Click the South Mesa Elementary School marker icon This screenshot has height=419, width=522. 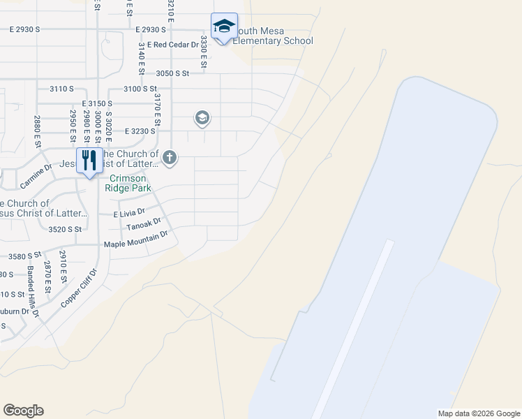pyautogui.click(x=224, y=27)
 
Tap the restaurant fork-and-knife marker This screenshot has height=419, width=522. pyautogui.click(x=89, y=161)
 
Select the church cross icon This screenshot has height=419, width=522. pyautogui.click(x=169, y=158)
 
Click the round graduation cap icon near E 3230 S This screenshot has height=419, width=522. pyautogui.click(x=202, y=117)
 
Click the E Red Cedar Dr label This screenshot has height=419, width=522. pyautogui.click(x=165, y=45)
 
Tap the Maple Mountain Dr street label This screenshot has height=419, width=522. pyautogui.click(x=137, y=240)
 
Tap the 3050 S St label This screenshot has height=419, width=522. pyautogui.click(x=173, y=73)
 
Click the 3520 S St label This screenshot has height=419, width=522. pyautogui.click(x=65, y=228)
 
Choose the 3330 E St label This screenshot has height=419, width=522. pyautogui.click(x=204, y=52)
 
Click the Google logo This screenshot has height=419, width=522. pyautogui.click(x=23, y=411)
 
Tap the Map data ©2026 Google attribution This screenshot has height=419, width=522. pyautogui.click(x=479, y=413)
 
